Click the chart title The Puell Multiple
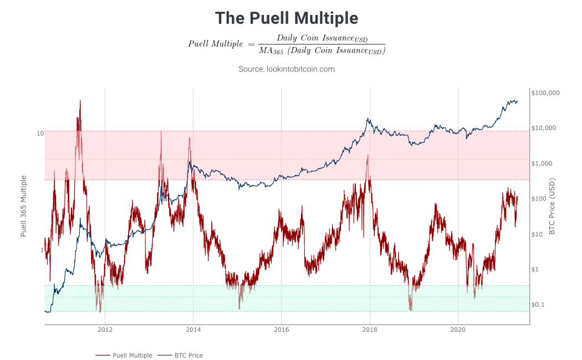click(287, 18)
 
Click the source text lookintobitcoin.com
click(287, 69)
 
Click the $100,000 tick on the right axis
click(545, 92)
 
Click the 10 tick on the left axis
click(40, 133)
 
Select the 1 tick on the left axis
click(42, 250)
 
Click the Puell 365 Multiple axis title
click(24, 206)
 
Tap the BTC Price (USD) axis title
click(552, 206)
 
